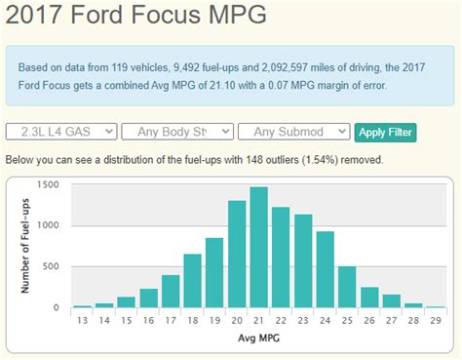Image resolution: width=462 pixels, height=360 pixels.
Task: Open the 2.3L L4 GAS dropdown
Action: point(61,132)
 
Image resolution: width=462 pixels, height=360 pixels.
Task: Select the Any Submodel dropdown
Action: point(295,132)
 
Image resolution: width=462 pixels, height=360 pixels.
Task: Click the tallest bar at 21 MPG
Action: point(258,248)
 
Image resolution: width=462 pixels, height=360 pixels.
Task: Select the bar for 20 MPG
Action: point(236,255)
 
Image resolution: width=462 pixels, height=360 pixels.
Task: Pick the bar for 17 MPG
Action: point(171,291)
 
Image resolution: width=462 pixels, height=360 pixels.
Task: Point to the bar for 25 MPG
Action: point(347,287)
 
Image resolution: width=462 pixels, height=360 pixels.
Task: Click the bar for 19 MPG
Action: point(214,272)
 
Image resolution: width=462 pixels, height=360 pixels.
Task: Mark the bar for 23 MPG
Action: point(303,260)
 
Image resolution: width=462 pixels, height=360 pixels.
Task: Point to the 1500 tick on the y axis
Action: point(48,184)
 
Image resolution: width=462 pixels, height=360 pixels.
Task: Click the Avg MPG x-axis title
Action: point(258,340)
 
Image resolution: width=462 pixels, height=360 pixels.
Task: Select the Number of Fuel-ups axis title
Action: point(23,245)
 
